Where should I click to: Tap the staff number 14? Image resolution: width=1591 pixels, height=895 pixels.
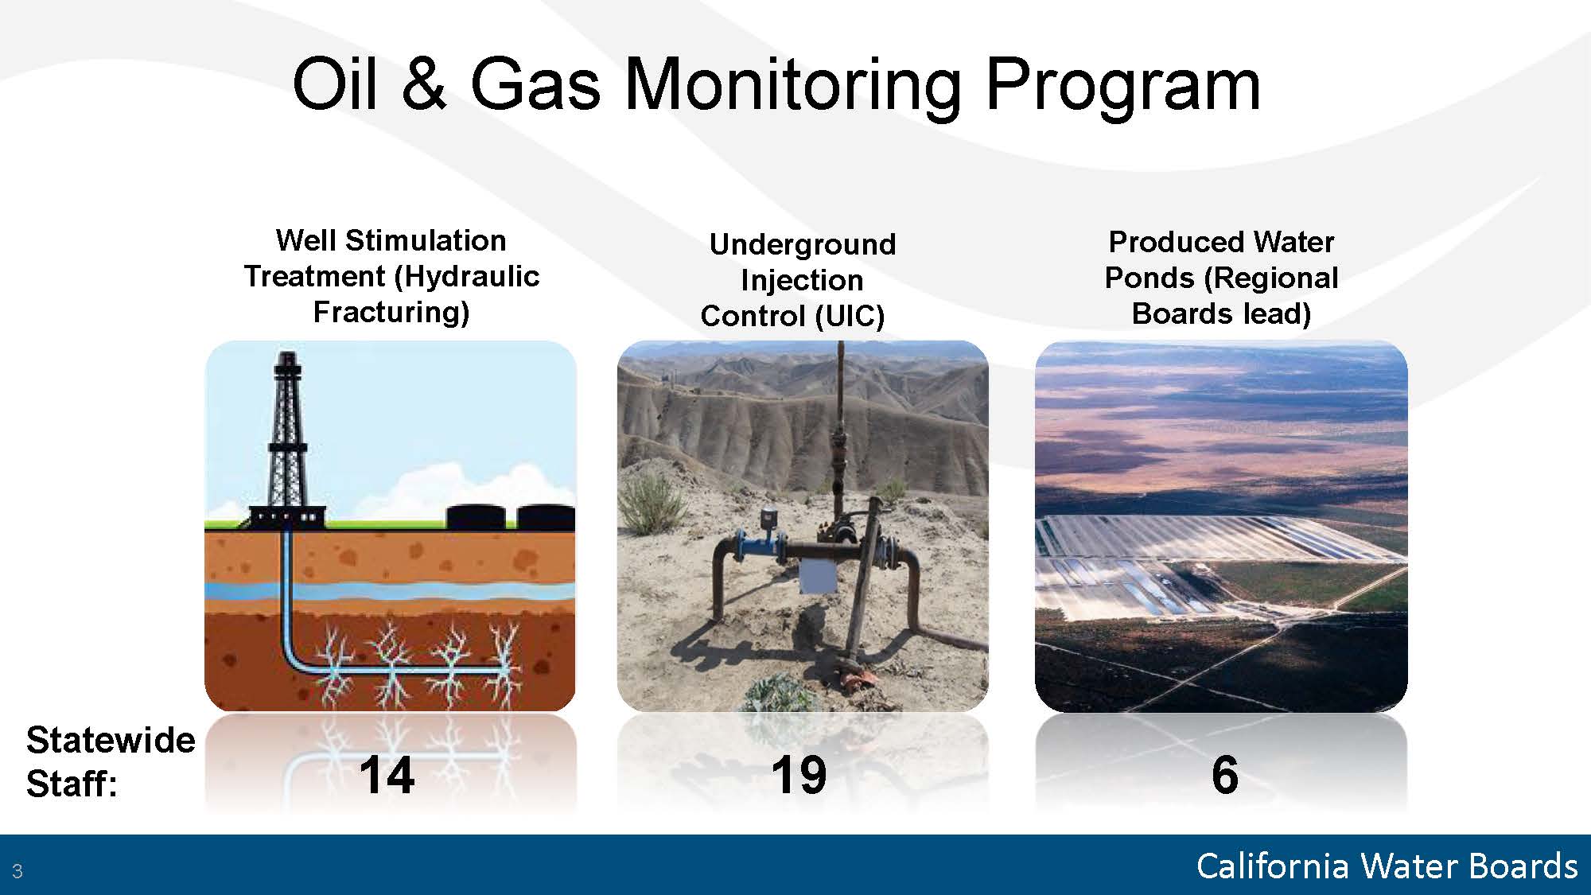[x=387, y=775]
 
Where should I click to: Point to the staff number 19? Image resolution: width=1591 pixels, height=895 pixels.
[x=799, y=775]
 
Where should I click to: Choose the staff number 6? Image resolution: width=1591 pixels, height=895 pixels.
[x=1225, y=775]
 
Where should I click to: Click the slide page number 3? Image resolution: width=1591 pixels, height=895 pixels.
[x=18, y=870]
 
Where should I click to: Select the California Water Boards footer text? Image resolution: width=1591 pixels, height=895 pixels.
[x=1387, y=866]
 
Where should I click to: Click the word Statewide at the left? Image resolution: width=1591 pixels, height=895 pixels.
[x=111, y=740]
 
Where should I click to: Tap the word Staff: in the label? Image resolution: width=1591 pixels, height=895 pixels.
[x=72, y=784]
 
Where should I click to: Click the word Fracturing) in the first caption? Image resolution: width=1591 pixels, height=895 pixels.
[x=391, y=312]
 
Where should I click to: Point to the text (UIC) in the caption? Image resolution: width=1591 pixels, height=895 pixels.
[x=849, y=316]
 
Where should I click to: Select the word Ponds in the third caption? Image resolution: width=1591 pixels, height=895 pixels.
[x=1149, y=278]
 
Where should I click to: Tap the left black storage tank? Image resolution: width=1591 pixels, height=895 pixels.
[x=476, y=517]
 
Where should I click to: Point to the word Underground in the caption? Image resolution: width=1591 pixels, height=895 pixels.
[x=802, y=244]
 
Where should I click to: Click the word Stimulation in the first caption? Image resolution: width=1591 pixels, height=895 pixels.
[x=426, y=240]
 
